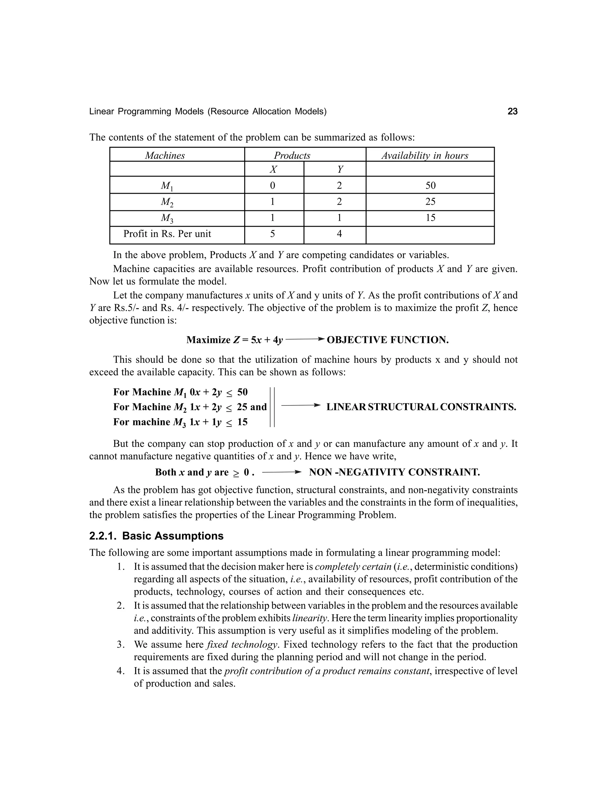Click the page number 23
(x=512, y=112)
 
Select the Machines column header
(x=165, y=155)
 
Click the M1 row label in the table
(x=167, y=186)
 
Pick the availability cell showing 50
(x=430, y=185)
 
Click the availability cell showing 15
(x=430, y=218)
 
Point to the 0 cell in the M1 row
(x=273, y=185)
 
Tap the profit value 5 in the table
(x=273, y=234)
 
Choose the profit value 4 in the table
(x=339, y=234)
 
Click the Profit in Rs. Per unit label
(x=167, y=234)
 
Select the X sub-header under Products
(x=273, y=169)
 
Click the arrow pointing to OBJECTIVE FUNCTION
(x=305, y=339)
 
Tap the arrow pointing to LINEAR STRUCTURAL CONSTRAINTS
(x=300, y=405)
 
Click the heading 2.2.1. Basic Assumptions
(x=156, y=536)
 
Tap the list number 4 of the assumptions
(x=121, y=671)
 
